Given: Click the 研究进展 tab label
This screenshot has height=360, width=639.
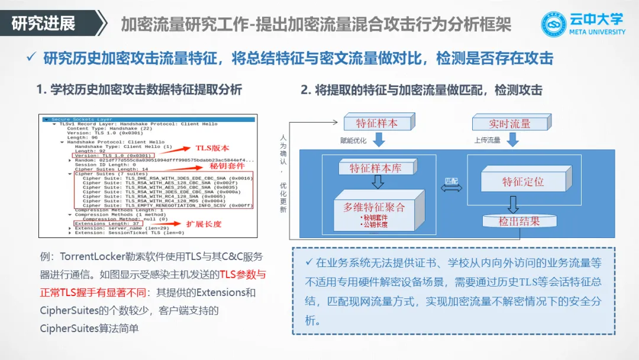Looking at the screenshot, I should [44, 24].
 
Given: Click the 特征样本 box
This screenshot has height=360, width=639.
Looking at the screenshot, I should [377, 123].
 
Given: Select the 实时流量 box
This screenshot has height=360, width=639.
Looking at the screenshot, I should [509, 123].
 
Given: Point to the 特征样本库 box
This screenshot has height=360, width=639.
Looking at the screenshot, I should [375, 168].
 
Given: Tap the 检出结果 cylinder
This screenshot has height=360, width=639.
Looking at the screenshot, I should [519, 222].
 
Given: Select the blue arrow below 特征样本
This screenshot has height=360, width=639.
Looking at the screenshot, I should [377, 140].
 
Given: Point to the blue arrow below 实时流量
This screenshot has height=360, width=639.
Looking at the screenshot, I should [512, 140].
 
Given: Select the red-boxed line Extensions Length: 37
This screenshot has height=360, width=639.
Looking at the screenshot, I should [107, 223].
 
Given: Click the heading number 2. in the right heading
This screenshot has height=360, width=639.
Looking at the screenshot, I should [306, 90].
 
